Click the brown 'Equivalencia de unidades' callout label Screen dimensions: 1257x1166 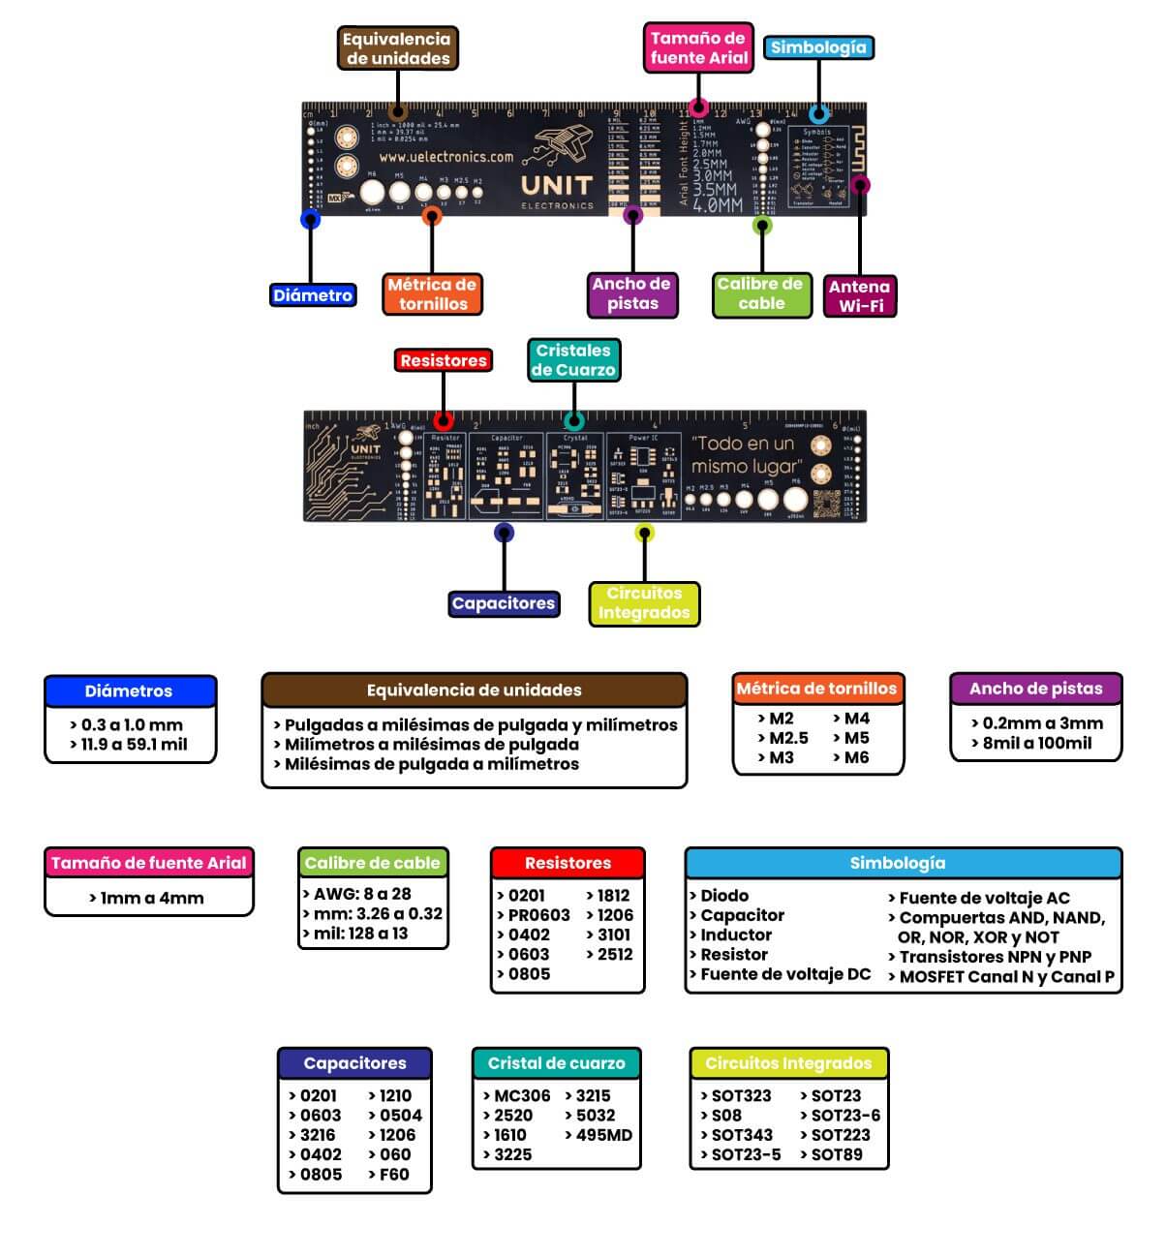397,48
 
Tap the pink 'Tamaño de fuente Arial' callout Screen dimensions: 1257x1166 698,47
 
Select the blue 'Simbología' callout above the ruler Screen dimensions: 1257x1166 818,46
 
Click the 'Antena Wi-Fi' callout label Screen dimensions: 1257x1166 860,295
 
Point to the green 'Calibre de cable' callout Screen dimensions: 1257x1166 760,293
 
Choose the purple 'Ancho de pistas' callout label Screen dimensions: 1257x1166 631,293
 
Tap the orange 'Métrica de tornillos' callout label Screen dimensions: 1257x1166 432,293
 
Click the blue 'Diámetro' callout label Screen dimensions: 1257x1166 312,295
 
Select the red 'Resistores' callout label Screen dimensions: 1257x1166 444,360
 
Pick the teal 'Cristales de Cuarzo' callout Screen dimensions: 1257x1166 573,359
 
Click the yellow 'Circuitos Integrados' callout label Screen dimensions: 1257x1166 644,602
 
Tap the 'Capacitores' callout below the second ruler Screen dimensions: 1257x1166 503,603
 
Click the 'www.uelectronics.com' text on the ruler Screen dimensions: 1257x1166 446,156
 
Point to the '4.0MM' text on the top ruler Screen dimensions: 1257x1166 718,205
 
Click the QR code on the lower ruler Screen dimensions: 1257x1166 826,505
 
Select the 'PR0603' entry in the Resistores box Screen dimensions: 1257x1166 538,915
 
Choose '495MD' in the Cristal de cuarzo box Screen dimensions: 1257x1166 603,1135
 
